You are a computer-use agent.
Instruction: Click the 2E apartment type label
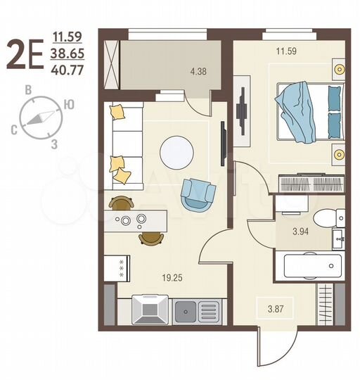[x=25, y=55]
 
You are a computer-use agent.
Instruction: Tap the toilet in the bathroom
[x=323, y=218]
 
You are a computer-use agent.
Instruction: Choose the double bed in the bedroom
[x=309, y=113]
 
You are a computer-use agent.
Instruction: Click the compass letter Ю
[x=69, y=104]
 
